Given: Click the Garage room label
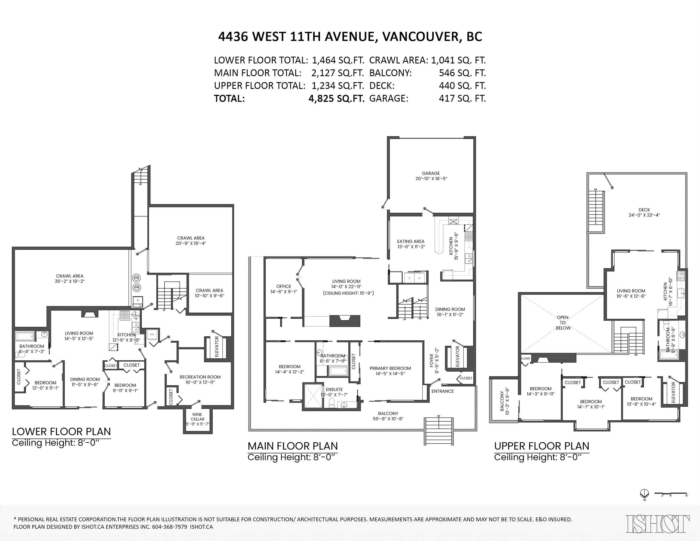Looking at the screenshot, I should coord(431,176).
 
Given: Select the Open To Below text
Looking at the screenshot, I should coord(563,323).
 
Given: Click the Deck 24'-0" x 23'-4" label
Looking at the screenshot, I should coord(644,212).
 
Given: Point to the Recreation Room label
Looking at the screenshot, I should coord(200,379).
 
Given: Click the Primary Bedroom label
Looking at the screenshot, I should coord(390,371).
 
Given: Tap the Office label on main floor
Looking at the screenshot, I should coord(284,289).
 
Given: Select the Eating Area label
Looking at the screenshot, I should coord(411,244).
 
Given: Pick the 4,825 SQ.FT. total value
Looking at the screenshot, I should coord(336,99).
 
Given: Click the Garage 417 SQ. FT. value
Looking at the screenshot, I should coord(462,99).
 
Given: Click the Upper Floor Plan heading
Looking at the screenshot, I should coord(541,446).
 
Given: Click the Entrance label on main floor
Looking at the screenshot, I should coord(442,391).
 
